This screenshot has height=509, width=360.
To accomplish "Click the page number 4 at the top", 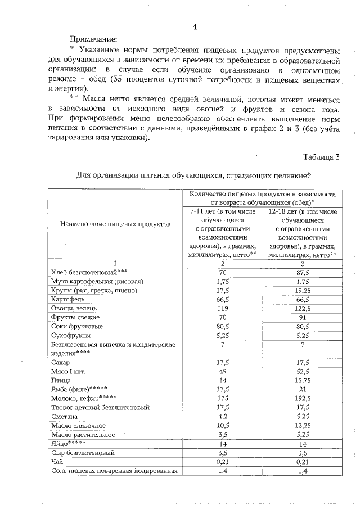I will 195,27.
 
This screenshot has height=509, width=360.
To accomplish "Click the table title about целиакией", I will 193,175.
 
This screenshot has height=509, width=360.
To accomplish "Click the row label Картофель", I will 66,300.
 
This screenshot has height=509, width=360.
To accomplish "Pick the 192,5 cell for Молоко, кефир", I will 303,398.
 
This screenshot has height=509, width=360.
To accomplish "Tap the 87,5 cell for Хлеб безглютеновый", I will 303,273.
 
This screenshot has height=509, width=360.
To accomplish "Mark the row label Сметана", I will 64,416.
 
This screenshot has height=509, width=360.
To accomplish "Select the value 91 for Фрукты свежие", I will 303,318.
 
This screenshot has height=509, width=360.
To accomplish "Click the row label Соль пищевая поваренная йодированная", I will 114,470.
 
